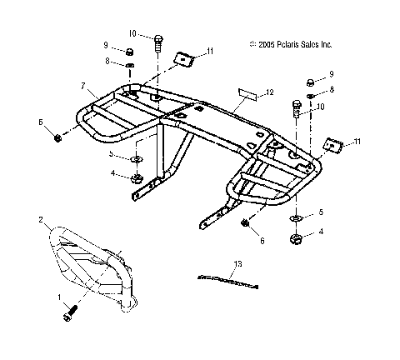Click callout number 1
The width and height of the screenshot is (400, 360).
click(x=58, y=297)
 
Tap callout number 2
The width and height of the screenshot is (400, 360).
click(x=40, y=220)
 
